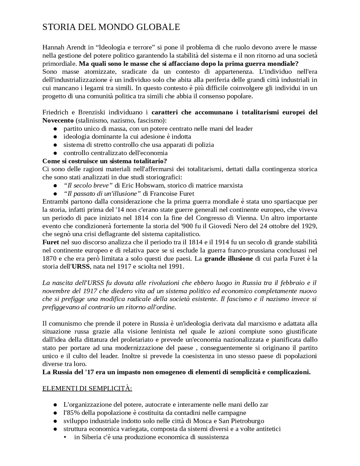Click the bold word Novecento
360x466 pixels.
(x=58, y=121)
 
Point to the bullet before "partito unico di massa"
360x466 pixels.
(x=55, y=129)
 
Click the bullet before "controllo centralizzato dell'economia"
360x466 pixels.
(x=55, y=153)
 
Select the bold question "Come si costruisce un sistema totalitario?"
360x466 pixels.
(x=105, y=161)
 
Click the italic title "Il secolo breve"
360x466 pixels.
(x=88, y=186)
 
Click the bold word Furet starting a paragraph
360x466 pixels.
(x=51, y=242)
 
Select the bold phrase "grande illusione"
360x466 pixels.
(x=228, y=259)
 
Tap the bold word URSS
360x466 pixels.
(x=81, y=267)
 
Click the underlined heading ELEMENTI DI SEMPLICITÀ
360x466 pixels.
(x=87, y=389)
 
